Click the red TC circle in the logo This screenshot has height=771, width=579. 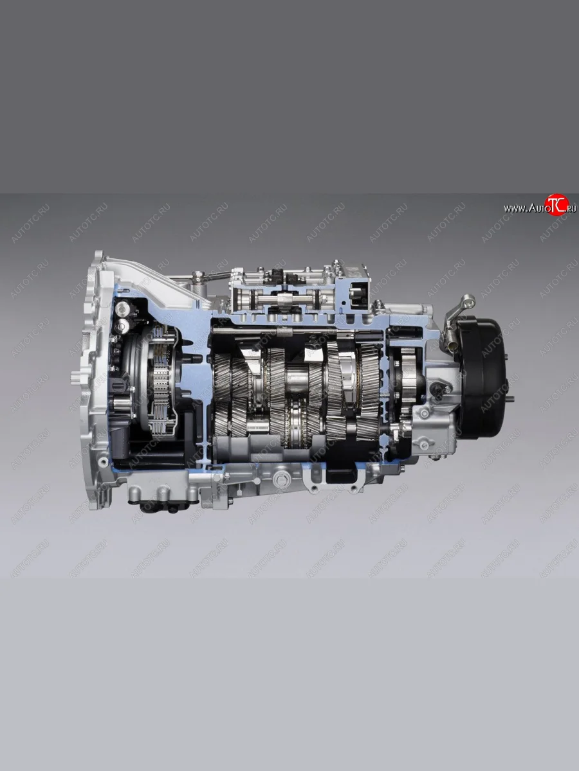(556, 205)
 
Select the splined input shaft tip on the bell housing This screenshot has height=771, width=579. (75, 375)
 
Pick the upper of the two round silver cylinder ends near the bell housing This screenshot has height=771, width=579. (122, 309)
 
